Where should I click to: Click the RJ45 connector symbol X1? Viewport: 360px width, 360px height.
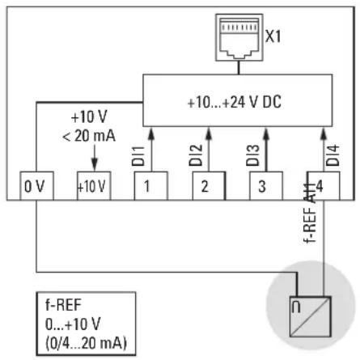coord(239,37)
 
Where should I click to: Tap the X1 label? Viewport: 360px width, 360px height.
coord(273,36)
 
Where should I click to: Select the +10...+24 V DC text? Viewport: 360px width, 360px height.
coord(234,102)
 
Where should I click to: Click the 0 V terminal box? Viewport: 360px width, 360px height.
coord(36,186)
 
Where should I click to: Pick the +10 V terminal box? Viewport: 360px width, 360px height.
coord(94,186)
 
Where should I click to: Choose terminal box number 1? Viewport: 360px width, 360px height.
coord(151,186)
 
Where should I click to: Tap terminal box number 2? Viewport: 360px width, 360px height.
coord(209,186)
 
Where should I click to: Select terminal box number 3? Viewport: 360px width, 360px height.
coord(266,186)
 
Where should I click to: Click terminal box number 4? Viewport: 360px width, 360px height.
coord(324,186)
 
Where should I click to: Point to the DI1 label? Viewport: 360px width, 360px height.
coord(138,156)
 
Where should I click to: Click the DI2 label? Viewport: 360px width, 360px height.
coord(196,155)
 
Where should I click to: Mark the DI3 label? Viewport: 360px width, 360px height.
coord(252,155)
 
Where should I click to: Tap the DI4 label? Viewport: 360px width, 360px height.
coord(332,155)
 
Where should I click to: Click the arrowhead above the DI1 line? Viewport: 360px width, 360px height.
coord(151,133)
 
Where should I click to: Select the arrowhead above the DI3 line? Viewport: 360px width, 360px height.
coord(266,133)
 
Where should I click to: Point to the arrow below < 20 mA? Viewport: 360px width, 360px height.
coord(95,158)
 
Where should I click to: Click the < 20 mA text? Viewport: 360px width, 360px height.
coord(89,136)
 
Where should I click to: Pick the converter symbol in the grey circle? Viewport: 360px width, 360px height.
coord(310,316)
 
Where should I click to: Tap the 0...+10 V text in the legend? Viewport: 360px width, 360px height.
coord(73,324)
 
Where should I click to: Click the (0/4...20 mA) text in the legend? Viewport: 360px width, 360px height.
coord(86,343)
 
